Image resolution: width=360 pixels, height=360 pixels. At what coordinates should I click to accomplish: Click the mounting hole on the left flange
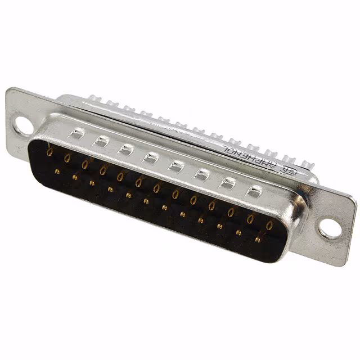coord(24,124)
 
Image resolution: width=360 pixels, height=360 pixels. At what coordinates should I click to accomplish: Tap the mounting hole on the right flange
coord(330,228)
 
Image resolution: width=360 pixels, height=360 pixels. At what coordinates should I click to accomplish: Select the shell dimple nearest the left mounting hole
coord(76,133)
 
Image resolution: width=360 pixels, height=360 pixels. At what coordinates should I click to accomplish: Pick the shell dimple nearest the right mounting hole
coord(255,192)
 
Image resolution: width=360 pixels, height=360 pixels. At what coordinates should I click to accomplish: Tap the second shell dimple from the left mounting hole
coord(101,141)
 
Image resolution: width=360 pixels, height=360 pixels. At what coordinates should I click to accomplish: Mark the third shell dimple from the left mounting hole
coord(125,149)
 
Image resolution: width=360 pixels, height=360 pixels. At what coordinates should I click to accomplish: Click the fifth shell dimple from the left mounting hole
coord(176,166)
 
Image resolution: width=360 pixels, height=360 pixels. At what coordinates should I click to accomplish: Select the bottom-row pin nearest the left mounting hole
coord(57,170)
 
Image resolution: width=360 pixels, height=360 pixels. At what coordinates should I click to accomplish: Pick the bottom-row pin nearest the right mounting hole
coord(257,239)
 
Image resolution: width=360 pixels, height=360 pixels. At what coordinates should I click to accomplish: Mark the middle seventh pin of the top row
coord(157,187)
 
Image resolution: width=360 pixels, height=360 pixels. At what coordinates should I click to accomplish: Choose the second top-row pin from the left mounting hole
coord(67,157)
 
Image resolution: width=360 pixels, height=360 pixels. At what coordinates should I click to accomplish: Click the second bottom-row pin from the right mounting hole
coord(238,232)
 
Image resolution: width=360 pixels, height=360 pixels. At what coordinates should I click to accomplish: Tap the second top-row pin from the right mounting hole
coord(250,219)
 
